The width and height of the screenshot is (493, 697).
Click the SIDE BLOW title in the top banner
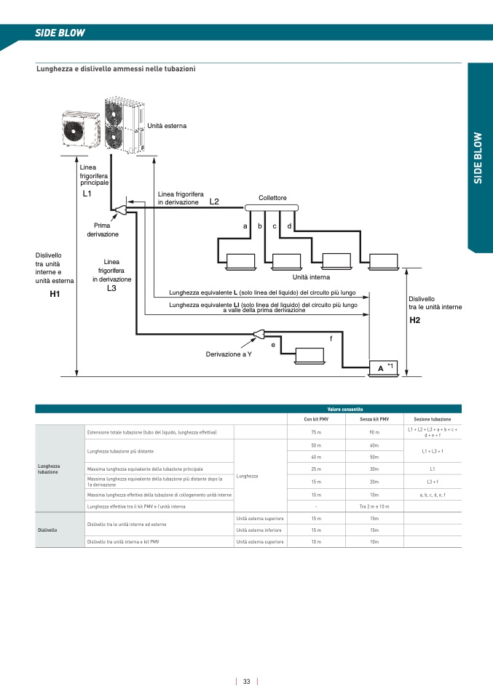tap(60, 33)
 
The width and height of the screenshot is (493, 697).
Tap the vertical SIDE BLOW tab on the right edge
tap(478, 157)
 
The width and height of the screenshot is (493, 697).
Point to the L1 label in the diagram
tap(87, 194)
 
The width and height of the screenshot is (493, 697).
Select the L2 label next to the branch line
tap(214, 202)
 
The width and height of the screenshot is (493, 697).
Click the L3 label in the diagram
tap(111, 288)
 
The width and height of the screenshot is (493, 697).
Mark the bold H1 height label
tap(55, 294)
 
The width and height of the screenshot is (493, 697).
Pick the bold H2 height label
tap(414, 320)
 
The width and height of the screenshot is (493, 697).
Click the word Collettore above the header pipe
tap(272, 198)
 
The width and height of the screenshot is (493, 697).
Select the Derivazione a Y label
tap(229, 354)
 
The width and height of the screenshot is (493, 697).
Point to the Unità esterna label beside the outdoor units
tap(167, 126)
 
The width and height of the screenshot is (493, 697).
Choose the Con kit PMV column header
tap(316, 420)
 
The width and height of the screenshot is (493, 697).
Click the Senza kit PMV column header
tap(374, 420)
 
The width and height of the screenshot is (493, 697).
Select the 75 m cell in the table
tap(316, 433)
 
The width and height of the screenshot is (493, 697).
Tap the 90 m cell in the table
tap(374, 433)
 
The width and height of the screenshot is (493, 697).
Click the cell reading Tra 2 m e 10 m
tap(374, 506)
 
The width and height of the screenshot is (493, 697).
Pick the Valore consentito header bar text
tap(345, 410)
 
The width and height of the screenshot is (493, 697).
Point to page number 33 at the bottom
tap(247, 682)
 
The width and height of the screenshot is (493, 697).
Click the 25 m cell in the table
tap(316, 469)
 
